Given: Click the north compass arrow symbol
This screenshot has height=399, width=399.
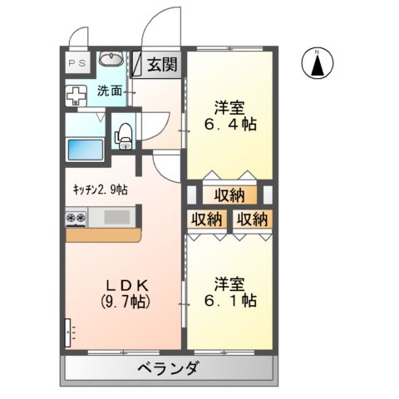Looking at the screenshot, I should tap(318, 64).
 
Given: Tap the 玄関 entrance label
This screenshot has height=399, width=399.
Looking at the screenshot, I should tap(163, 65).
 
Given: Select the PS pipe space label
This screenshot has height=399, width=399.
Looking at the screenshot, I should tap(76, 63).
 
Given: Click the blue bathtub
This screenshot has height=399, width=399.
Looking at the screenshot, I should tap(84, 150).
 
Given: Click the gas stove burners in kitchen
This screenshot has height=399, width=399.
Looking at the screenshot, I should tap(76, 219).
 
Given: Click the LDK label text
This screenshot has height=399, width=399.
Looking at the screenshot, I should tap(123, 283).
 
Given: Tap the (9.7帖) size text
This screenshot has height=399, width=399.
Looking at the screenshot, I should tap(123, 301).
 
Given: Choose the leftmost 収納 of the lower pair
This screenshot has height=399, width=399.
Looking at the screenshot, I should tap(207, 219).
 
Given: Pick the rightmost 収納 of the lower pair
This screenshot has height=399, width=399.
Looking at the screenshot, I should tap(251, 219).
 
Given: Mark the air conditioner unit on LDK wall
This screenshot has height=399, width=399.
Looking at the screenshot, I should tap(67, 333).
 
